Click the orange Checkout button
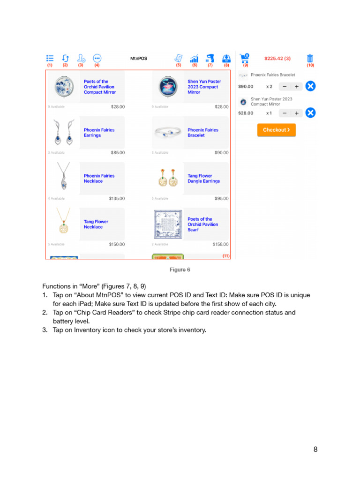coord(277,130)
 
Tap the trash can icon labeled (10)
coord(310,58)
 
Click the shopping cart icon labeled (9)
coord(244,58)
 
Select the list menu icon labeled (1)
coord(50,58)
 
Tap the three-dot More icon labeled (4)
coord(97,58)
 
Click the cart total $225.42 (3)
coord(277,59)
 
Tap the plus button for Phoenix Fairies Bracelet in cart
coord(296,86)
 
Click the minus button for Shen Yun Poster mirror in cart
coord(285,113)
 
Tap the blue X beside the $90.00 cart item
coord(310,86)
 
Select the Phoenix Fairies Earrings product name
coord(99,133)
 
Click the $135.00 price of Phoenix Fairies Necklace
coord(117,198)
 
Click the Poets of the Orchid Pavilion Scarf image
coord(167,224)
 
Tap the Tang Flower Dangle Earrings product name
coord(203,179)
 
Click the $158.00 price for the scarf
coord(220,244)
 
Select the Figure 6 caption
coord(180,270)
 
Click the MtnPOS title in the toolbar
coord(138,59)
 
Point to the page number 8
coord(315,450)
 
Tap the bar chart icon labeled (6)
coord(194,59)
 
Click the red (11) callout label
coord(226,256)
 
